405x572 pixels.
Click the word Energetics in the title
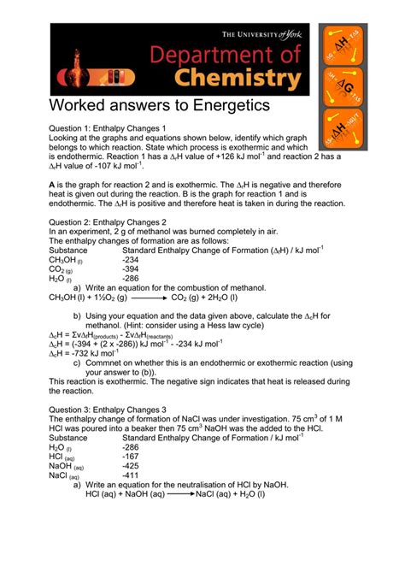[223, 106]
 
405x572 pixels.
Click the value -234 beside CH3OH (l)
[131, 259]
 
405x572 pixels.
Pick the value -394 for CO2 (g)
[131, 268]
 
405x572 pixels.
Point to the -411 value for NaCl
[131, 475]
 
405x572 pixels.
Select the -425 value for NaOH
[131, 465]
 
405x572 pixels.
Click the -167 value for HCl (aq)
[131, 456]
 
